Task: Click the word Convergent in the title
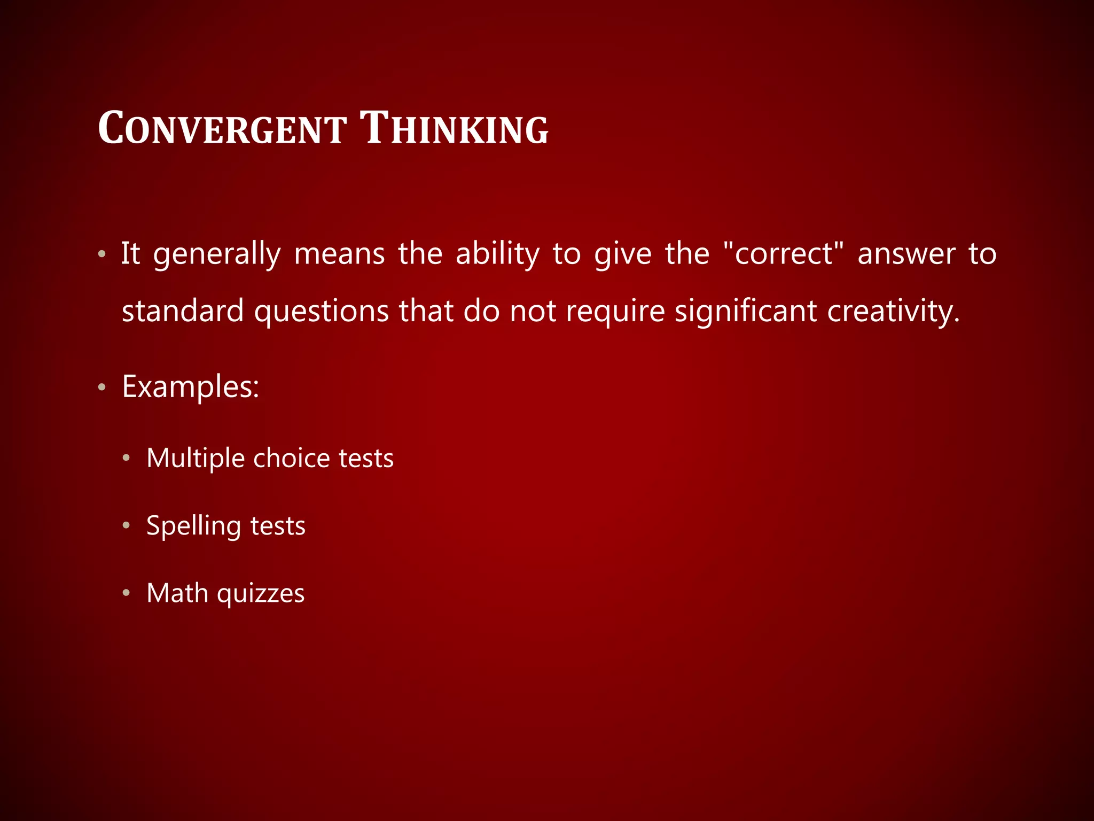pyautogui.click(x=222, y=129)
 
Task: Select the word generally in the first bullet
pyautogui.click(x=217, y=254)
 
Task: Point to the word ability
pyautogui.click(x=497, y=254)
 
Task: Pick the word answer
pyautogui.click(x=906, y=254)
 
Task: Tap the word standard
pyautogui.click(x=183, y=311)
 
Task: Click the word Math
pyautogui.click(x=177, y=593)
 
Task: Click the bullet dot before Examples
pyautogui.click(x=102, y=387)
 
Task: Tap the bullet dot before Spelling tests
pyautogui.click(x=126, y=525)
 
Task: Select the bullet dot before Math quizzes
pyautogui.click(x=126, y=593)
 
